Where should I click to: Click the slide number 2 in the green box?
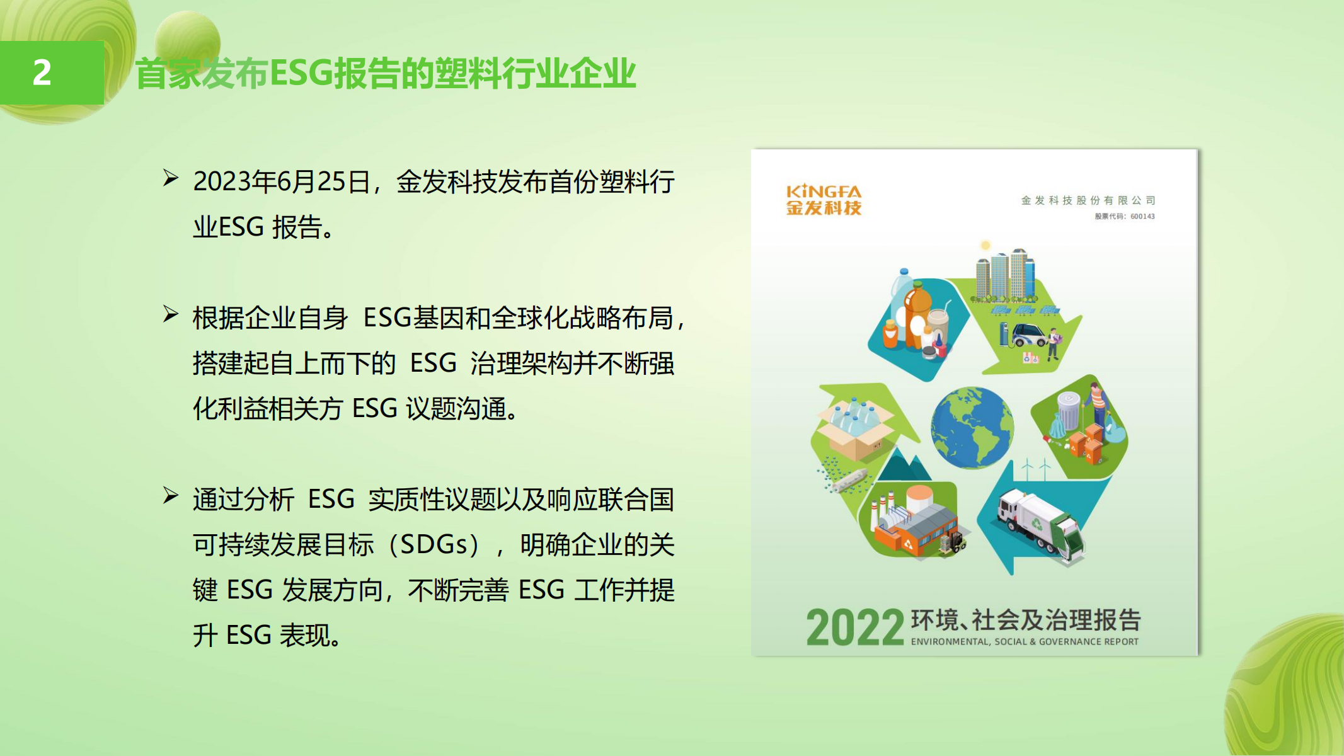click(x=42, y=72)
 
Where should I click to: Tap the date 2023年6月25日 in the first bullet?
click(x=281, y=181)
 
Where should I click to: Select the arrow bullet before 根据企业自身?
click(x=170, y=314)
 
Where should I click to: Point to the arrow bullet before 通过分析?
click(x=170, y=496)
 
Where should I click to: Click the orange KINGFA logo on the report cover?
click(x=824, y=200)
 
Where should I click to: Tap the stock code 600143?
click(x=1142, y=216)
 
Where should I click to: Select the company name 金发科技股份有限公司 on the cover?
click(x=1088, y=200)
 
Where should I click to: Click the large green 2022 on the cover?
click(x=855, y=627)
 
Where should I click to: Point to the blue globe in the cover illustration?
click(x=972, y=428)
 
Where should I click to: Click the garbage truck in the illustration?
click(x=1041, y=525)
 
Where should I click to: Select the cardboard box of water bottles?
click(x=855, y=428)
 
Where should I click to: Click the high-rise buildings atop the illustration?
click(x=1005, y=275)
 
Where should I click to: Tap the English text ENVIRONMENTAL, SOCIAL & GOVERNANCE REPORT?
click(x=1025, y=642)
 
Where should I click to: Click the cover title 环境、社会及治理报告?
click(x=1026, y=620)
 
